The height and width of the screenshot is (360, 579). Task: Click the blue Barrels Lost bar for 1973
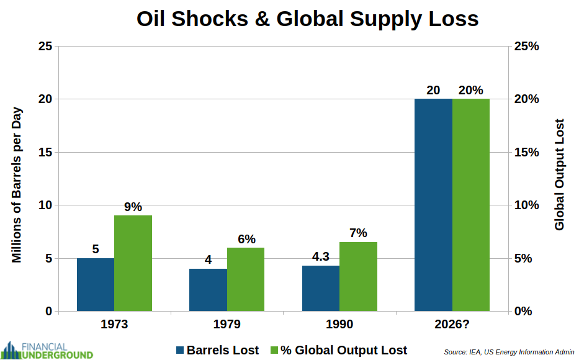click(96, 284)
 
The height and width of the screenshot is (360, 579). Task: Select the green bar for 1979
click(246, 279)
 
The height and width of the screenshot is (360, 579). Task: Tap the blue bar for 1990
click(321, 288)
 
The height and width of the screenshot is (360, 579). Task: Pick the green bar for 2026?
click(471, 205)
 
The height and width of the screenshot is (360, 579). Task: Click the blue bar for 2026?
click(433, 205)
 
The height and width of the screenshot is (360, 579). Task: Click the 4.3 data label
click(320, 256)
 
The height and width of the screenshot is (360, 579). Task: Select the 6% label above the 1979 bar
click(246, 239)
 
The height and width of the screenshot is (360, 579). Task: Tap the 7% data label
click(358, 233)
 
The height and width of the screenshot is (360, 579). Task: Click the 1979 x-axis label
click(227, 325)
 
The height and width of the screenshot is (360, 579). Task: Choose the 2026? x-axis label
click(452, 325)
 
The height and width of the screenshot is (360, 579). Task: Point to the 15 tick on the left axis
click(45, 152)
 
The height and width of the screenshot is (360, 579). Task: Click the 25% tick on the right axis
click(526, 47)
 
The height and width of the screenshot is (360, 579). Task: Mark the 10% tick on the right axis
click(526, 205)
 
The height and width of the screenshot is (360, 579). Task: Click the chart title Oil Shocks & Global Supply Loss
click(307, 19)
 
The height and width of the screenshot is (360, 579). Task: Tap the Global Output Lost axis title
click(560, 174)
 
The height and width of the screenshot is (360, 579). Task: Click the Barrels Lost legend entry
click(217, 350)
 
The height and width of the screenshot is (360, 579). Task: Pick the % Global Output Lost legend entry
click(338, 350)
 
